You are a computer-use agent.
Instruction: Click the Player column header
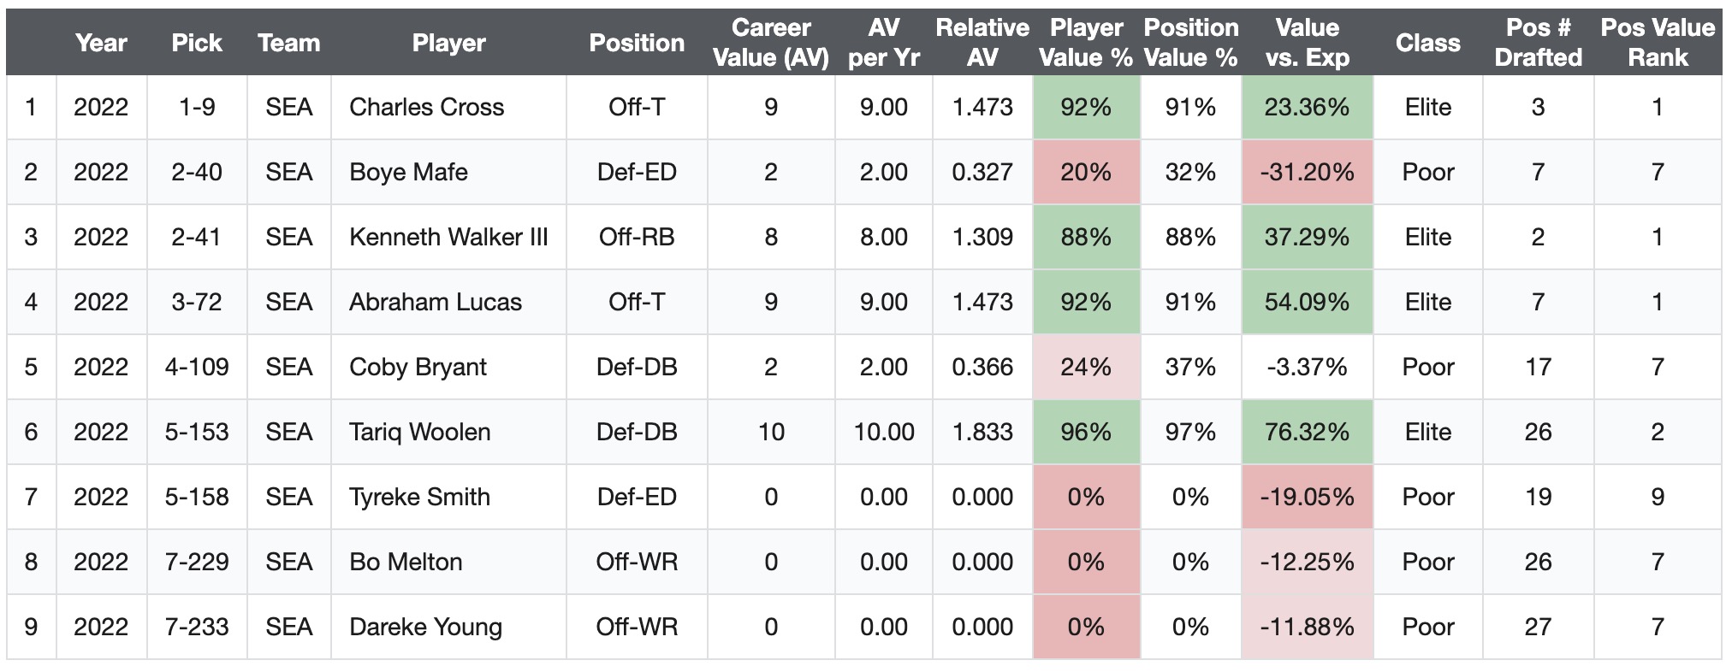tap(448, 43)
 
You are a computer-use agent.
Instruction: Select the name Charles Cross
tap(426, 107)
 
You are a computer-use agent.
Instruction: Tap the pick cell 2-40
tap(197, 172)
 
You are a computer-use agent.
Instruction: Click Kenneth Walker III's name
tap(448, 237)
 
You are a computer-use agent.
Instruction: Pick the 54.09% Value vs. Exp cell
tap(1307, 302)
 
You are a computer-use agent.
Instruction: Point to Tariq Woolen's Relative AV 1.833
tap(982, 432)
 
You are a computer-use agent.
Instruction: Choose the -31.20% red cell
tap(1307, 172)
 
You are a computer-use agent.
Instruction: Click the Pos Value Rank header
tap(1658, 43)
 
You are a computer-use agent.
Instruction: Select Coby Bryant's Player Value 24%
tap(1086, 367)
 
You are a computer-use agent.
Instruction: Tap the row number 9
tap(31, 627)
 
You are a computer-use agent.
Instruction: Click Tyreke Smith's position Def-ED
tap(637, 497)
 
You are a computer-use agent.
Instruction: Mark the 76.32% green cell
tap(1307, 432)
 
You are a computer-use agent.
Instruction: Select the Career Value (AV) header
tap(771, 43)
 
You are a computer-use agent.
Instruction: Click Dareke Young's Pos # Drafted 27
tap(1538, 627)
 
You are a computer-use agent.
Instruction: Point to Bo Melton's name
tap(406, 562)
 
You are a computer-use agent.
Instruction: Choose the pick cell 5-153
tap(197, 432)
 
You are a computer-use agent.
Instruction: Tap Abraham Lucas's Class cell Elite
tap(1427, 302)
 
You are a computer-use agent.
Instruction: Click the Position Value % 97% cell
tap(1190, 432)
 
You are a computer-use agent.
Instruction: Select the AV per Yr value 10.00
tap(884, 432)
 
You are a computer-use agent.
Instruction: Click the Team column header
tap(289, 43)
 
